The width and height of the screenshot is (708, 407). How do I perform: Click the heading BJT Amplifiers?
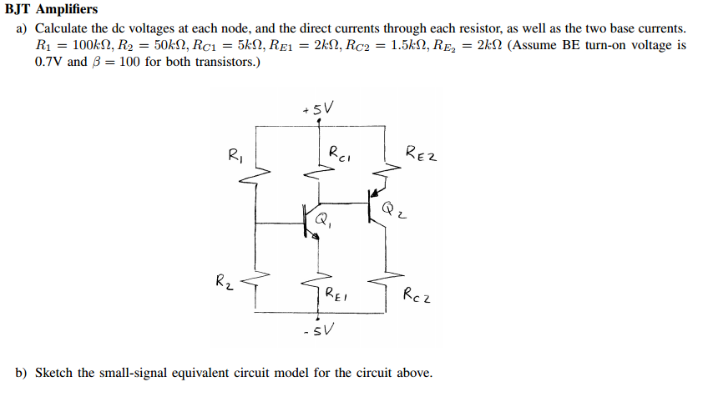pyautogui.click(x=51, y=10)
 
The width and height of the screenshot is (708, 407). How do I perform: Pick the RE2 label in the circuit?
pyautogui.click(x=422, y=153)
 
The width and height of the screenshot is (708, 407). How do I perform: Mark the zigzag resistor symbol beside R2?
pyautogui.click(x=255, y=283)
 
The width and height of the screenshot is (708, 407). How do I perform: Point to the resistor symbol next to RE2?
pyautogui.click(x=385, y=170)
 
